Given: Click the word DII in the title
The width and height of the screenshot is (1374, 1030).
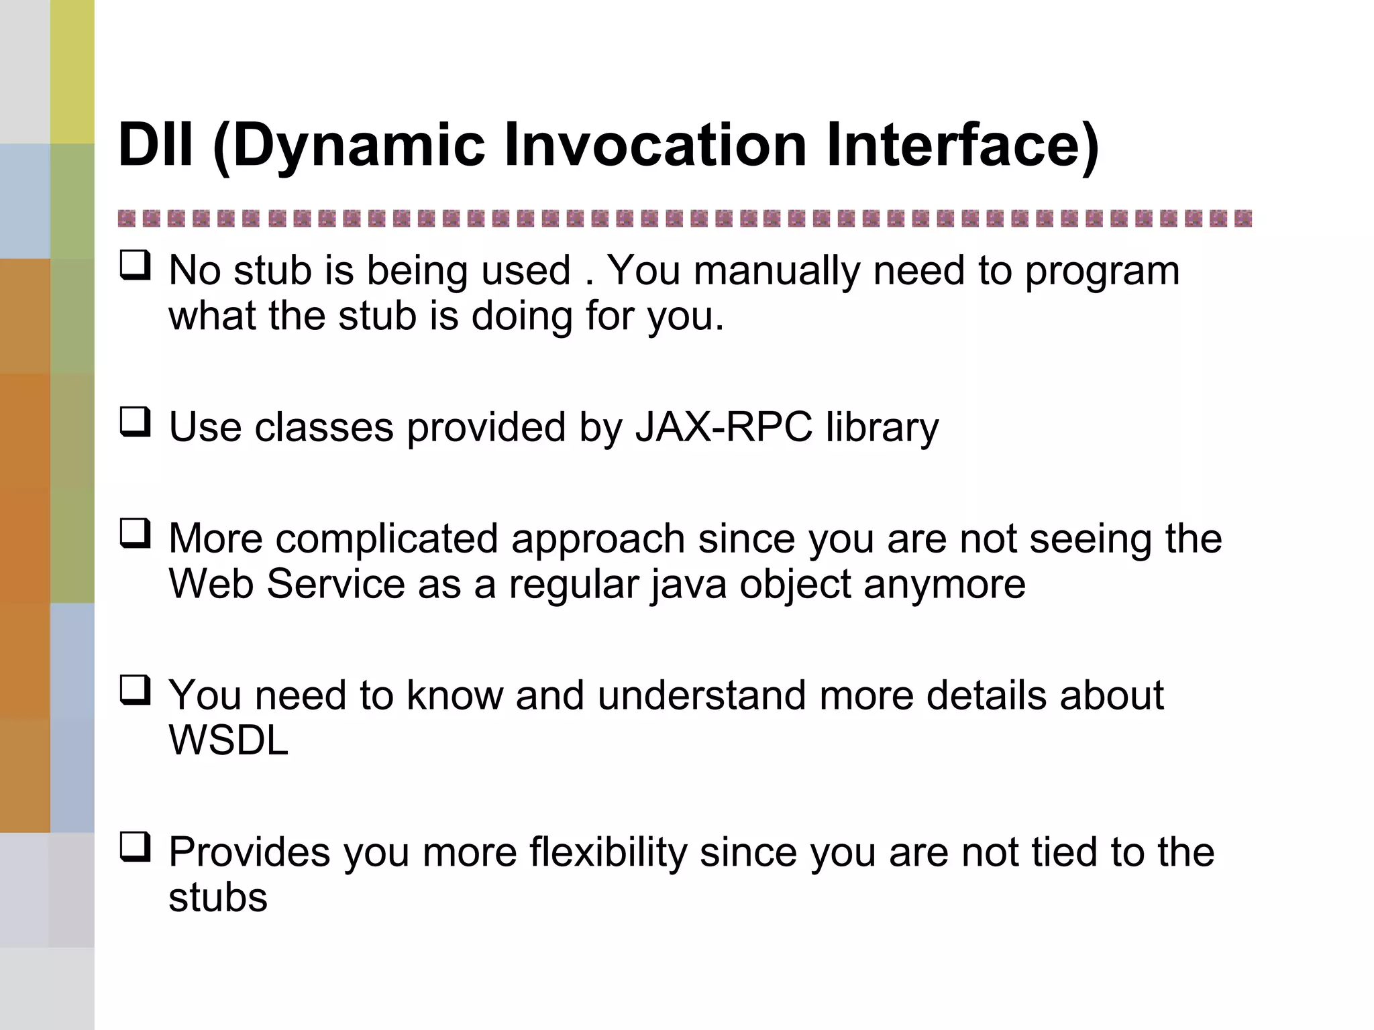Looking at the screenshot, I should coord(156,145).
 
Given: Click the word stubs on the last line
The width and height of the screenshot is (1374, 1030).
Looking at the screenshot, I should coord(217,898).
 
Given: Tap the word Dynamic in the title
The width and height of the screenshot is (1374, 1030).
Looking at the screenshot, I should coord(349,145).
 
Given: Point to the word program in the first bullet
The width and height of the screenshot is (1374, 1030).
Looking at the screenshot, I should coord(1102,272).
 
